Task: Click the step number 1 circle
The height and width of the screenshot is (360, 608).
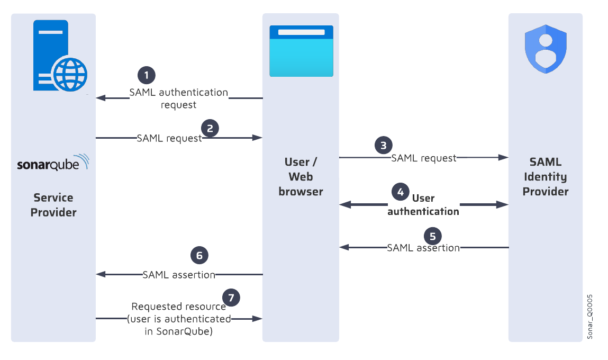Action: pyautogui.click(x=147, y=75)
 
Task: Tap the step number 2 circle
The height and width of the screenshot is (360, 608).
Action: pyautogui.click(x=210, y=128)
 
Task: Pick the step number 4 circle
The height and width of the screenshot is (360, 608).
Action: pyautogui.click(x=400, y=192)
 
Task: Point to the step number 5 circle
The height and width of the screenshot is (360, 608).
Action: pyautogui.click(x=433, y=236)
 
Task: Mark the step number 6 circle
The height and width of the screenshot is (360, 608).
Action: pyautogui.click(x=199, y=256)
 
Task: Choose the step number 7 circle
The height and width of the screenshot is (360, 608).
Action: pyautogui.click(x=231, y=297)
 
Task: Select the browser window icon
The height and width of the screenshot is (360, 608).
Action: pyautogui.click(x=301, y=51)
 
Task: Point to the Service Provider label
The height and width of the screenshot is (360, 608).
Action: pyautogui.click(x=53, y=205)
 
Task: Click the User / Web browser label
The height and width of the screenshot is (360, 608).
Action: pyautogui.click(x=301, y=176)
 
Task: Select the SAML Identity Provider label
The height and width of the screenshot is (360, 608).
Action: pyautogui.click(x=546, y=176)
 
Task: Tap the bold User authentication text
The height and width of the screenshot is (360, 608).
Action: pyautogui.click(x=423, y=205)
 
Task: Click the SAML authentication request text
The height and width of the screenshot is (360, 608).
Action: pyautogui.click(x=179, y=98)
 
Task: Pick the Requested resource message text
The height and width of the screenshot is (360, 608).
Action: pyautogui.click(x=179, y=319)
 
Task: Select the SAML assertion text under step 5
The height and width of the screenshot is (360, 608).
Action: pyautogui.click(x=423, y=248)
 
